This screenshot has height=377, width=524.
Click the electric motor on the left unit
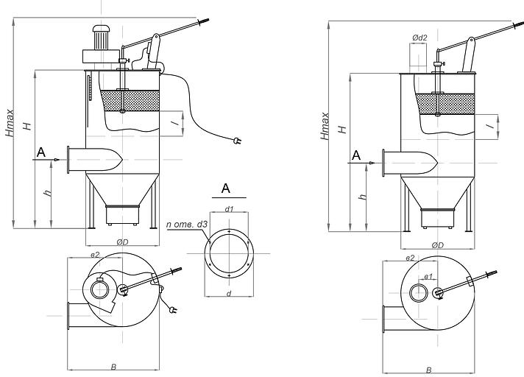click(101, 38)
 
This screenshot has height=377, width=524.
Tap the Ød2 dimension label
click(419, 38)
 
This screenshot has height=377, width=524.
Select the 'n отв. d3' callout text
click(186, 225)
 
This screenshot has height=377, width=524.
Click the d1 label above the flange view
click(229, 209)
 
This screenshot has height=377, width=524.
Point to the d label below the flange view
click(229, 294)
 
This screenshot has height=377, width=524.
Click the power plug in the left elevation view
click(237, 141)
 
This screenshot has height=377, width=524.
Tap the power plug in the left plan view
click(173, 310)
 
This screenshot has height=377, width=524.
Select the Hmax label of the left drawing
click(10, 123)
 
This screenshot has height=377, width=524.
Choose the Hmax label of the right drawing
click(325, 126)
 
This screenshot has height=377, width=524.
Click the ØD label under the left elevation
click(122, 242)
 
